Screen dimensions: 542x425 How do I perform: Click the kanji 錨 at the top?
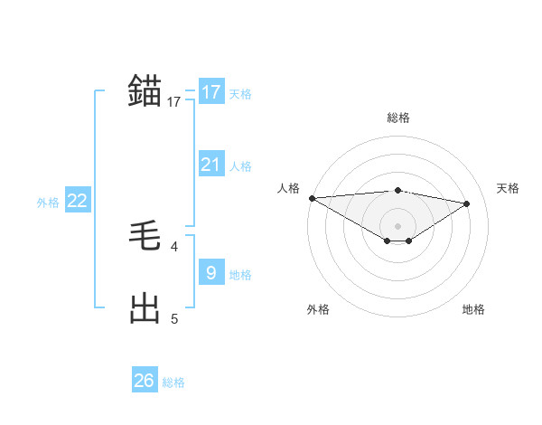pos(145,91)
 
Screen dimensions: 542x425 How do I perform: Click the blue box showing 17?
pos(211,92)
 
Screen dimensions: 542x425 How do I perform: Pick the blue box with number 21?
pos(211,165)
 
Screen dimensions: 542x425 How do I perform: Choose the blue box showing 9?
pos(211,273)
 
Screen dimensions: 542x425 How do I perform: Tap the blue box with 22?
pos(78,201)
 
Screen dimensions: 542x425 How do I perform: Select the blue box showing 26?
pos(145,381)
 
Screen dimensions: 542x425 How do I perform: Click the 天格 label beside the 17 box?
pos(240,93)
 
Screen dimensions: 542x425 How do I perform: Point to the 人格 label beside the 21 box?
pos(240,165)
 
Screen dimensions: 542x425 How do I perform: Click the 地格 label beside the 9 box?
pos(240,274)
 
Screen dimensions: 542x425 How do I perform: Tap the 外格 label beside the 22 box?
pos(48,203)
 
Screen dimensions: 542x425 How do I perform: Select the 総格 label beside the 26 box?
pos(173,382)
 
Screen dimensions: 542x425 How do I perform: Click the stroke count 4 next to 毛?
pos(173,246)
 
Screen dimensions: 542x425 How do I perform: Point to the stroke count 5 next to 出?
pos(173,318)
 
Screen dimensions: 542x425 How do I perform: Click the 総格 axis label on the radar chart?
pos(397,118)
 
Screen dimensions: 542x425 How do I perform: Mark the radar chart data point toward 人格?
pos(312,198)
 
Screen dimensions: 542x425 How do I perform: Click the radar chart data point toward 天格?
pos(466,203)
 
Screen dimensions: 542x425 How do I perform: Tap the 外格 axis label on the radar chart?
pos(318,309)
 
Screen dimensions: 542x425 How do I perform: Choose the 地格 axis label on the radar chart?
pos(473,309)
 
